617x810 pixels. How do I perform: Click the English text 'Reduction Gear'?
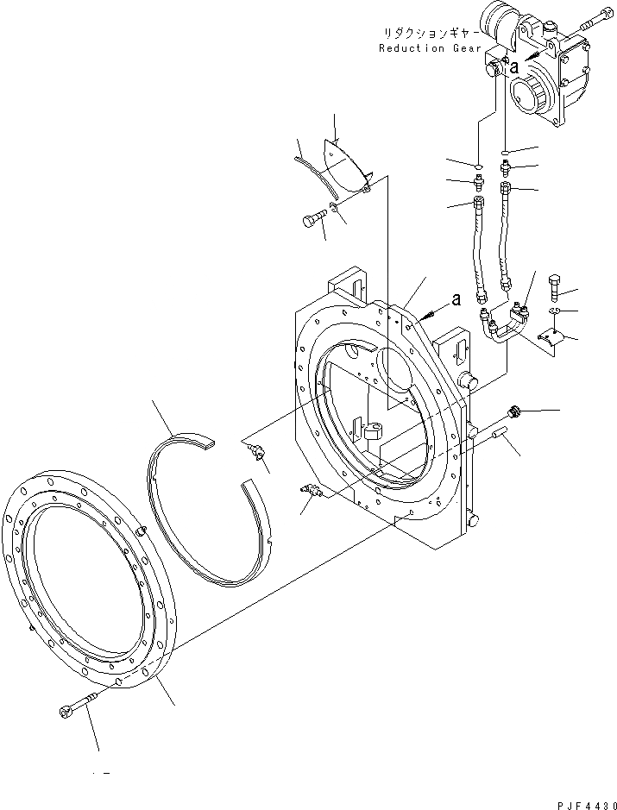pos(424,48)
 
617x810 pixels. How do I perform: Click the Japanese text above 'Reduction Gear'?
pos(429,33)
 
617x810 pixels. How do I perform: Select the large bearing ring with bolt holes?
pos(87,587)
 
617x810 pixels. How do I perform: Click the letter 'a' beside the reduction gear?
pos(514,66)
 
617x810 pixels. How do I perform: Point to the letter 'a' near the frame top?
pos(456,299)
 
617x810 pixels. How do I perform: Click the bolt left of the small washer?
pos(312,219)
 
